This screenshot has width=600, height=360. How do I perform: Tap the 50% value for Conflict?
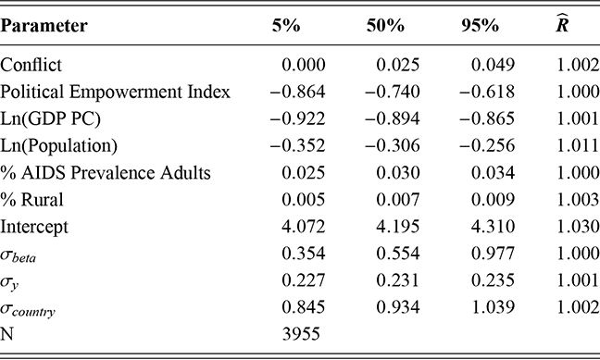[x=400, y=67]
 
